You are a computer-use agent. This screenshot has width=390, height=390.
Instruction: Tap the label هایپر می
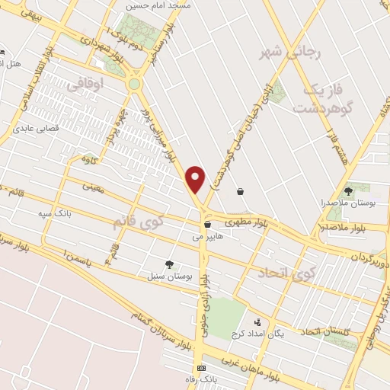point(206,238)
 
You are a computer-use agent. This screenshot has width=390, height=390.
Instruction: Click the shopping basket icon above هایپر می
point(207,225)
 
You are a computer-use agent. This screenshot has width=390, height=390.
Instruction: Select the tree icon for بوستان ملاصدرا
point(349,191)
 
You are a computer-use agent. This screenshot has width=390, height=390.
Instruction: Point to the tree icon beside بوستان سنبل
point(168,264)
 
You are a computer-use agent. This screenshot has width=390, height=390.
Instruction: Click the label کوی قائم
point(138,222)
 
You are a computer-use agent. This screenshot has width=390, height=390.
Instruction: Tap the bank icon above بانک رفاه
point(200,368)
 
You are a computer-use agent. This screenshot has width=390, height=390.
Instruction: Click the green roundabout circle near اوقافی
point(135,84)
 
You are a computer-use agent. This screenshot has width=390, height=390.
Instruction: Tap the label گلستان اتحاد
point(326,333)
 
